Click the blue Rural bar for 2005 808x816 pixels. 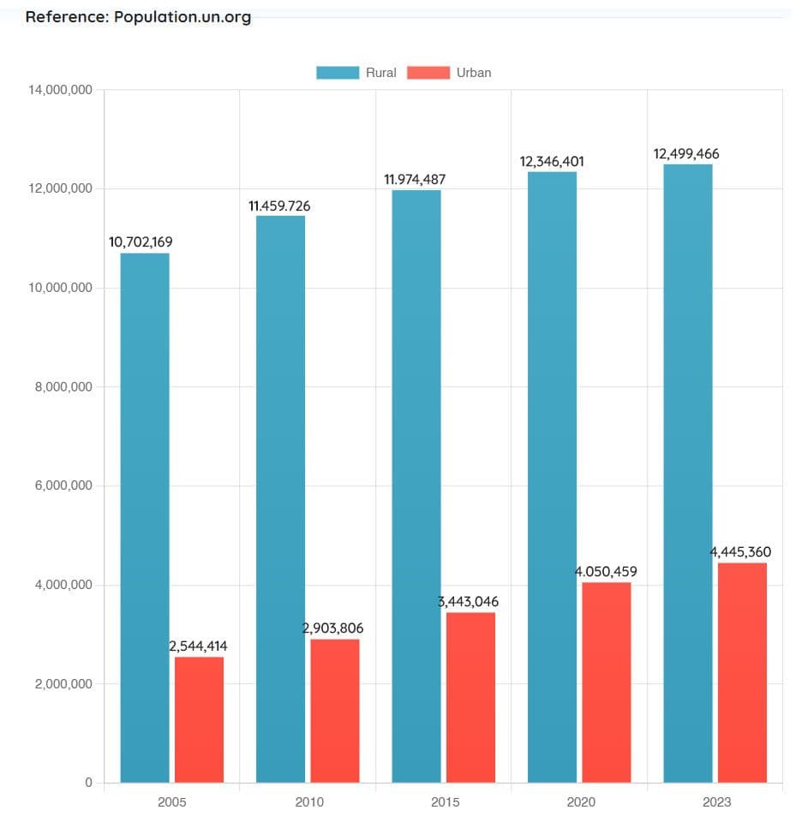(x=145, y=517)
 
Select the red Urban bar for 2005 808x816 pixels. (x=199, y=719)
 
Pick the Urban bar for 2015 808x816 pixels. (x=470, y=697)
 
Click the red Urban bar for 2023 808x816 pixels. (x=742, y=672)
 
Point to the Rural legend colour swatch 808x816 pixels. (x=338, y=73)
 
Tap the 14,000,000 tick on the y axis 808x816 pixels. (x=61, y=90)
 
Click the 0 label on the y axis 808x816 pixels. (x=89, y=783)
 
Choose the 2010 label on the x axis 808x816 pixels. (x=308, y=802)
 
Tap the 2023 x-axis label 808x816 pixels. (x=716, y=802)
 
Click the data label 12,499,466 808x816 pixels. (x=686, y=154)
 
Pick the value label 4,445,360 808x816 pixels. (x=740, y=552)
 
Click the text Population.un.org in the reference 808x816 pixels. (x=183, y=17)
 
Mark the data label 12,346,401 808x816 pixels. (x=553, y=161)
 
